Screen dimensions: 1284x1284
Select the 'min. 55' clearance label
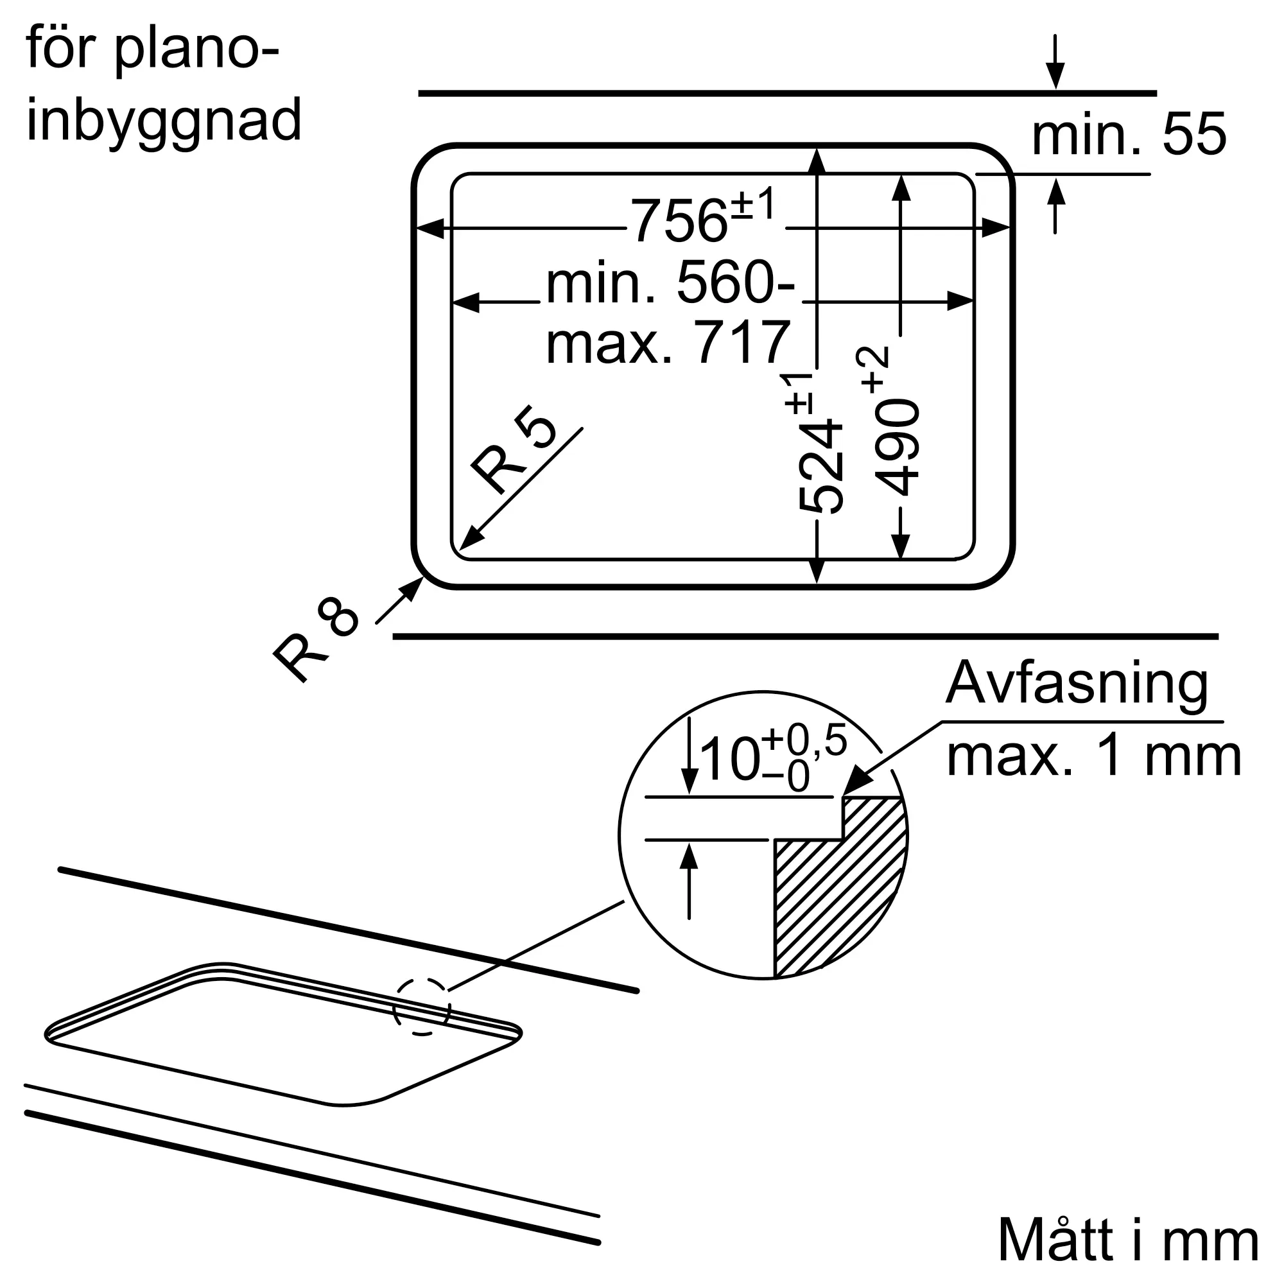(x=1129, y=135)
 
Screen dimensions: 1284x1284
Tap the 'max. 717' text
(x=667, y=342)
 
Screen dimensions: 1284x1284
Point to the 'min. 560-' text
(x=670, y=282)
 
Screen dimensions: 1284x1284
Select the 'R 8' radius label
(x=316, y=637)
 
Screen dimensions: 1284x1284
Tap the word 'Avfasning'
(x=1077, y=683)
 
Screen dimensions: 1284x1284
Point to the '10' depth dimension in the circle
(x=730, y=759)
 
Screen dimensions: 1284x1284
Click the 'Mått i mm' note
(x=1129, y=1240)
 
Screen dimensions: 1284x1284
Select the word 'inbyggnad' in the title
(x=164, y=121)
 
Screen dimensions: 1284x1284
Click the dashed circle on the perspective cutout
(x=422, y=1006)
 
